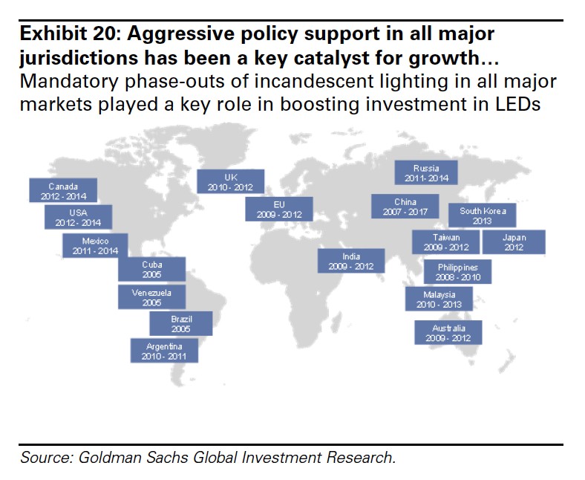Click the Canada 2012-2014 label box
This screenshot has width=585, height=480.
coord(63,191)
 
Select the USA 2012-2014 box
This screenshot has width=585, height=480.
coord(78,217)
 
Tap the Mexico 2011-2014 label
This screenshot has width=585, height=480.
coord(95,246)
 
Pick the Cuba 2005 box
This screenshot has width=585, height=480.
coord(152,269)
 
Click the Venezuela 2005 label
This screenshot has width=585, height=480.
coord(151,297)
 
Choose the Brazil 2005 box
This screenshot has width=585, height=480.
coord(181,323)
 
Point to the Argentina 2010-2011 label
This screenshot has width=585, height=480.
coord(164,351)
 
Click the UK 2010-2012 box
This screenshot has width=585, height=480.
coord(230,181)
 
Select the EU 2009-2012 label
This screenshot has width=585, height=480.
coord(279,208)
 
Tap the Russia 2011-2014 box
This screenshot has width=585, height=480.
coord(426,173)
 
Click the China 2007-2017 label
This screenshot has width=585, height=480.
coord(405,207)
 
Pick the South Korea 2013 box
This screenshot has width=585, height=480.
coord(483,215)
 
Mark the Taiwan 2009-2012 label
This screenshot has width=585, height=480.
coord(446,241)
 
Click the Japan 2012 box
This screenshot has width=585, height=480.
coord(514,242)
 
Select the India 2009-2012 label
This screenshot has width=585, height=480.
coord(351,261)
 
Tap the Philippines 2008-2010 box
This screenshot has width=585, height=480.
coord(458,272)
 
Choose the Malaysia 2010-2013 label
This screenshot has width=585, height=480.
coord(438,299)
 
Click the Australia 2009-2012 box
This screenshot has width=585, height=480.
coord(449,332)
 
